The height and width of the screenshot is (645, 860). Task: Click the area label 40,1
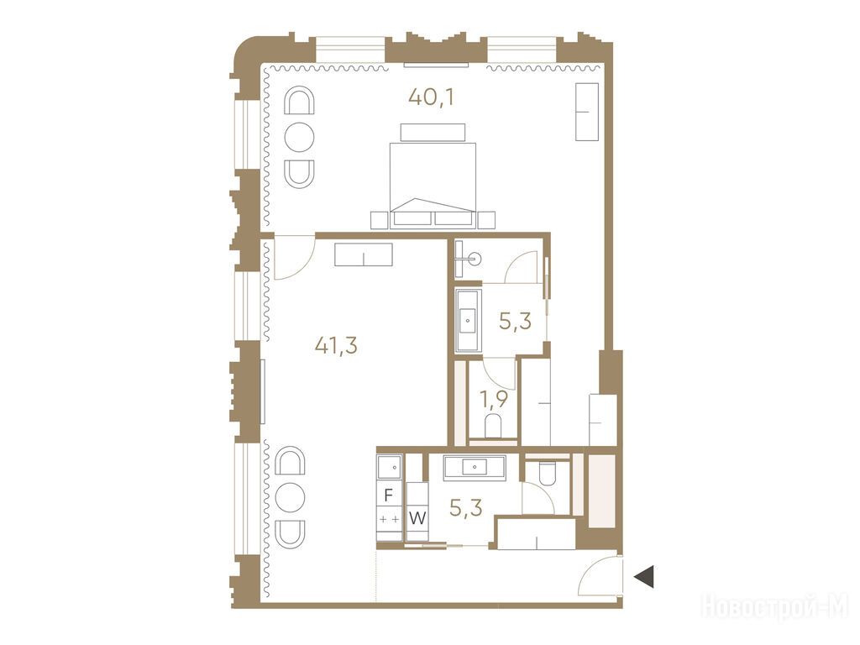[x=432, y=97]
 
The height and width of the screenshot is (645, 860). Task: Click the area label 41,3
[x=336, y=345]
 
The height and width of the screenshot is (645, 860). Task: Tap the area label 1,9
[x=494, y=399]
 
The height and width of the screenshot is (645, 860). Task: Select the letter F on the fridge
[x=388, y=496]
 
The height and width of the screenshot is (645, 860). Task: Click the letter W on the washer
[x=417, y=518]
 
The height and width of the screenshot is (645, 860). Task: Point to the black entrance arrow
[x=644, y=576]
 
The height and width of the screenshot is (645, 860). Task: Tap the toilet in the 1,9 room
[x=493, y=426]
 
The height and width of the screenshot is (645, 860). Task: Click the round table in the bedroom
[x=300, y=137]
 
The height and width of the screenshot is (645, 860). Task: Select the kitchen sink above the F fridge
[x=390, y=467]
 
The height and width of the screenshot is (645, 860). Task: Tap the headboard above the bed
[x=433, y=132]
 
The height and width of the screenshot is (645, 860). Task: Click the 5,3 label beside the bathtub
[x=515, y=320]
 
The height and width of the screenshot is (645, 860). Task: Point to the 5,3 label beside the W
[x=465, y=508]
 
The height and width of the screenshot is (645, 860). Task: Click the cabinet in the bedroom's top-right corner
[x=586, y=112]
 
